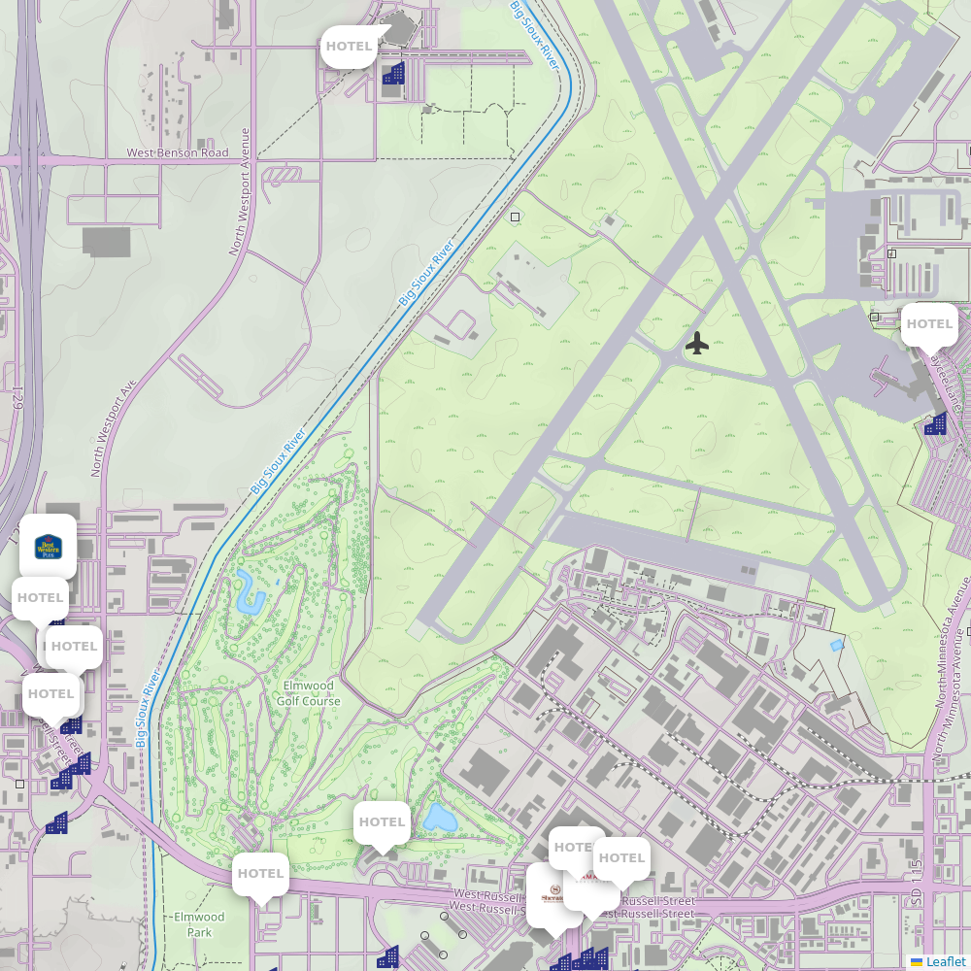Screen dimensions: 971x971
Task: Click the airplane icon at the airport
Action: click(697, 343)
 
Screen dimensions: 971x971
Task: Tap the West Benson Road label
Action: click(178, 153)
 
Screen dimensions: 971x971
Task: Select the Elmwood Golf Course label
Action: click(309, 693)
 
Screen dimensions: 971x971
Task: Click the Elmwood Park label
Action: click(199, 924)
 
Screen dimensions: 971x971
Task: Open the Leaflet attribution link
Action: click(946, 961)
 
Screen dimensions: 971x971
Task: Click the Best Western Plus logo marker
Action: click(48, 547)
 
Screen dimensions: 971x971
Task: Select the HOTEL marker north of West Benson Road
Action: click(349, 46)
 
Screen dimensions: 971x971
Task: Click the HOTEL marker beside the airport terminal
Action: click(929, 324)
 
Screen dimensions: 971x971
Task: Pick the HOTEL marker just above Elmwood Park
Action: click(260, 874)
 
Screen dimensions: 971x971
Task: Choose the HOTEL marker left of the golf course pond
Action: click(382, 822)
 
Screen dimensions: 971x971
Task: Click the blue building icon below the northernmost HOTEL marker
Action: click(393, 73)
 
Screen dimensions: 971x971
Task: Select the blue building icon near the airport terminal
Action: click(936, 423)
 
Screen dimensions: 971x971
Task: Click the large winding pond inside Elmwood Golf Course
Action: click(249, 591)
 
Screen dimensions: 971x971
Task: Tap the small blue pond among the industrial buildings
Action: click(837, 645)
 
